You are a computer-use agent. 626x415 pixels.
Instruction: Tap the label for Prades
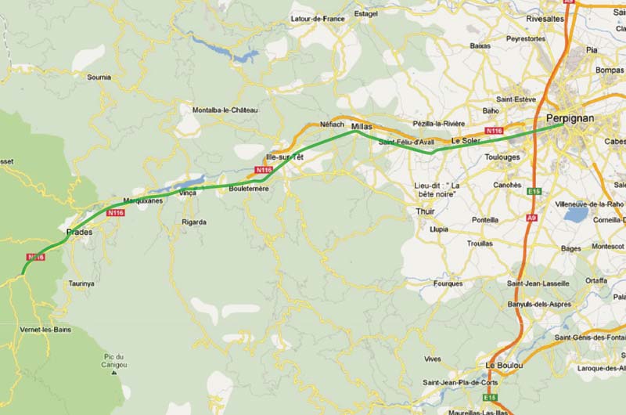80,233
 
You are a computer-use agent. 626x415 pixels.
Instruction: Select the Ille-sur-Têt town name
285,157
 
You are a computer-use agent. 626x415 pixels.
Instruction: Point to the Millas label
362,125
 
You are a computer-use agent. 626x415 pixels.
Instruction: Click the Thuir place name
426,211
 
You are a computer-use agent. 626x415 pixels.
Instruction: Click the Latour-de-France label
317,18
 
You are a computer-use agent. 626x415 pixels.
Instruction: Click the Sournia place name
99,78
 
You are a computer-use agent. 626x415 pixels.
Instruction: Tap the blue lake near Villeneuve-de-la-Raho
576,215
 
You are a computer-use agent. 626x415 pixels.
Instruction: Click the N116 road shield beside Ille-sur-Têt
264,170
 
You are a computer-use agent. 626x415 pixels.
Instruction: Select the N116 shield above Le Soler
494,131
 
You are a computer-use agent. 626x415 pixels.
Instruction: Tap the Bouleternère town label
249,189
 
